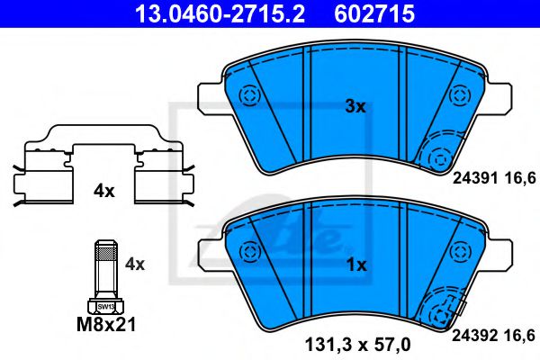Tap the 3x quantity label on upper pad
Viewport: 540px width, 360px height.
tap(355, 106)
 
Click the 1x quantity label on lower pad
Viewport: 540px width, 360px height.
tap(356, 265)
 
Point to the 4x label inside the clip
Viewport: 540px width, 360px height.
tap(104, 191)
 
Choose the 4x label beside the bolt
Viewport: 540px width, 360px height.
tap(135, 264)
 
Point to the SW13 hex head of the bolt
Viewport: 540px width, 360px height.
tap(104, 306)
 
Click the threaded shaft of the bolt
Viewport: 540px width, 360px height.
tap(104, 270)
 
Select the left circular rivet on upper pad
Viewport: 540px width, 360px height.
tap(247, 94)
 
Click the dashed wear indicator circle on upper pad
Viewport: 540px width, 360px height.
tap(440, 157)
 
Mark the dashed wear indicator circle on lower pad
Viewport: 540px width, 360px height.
tap(440, 313)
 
